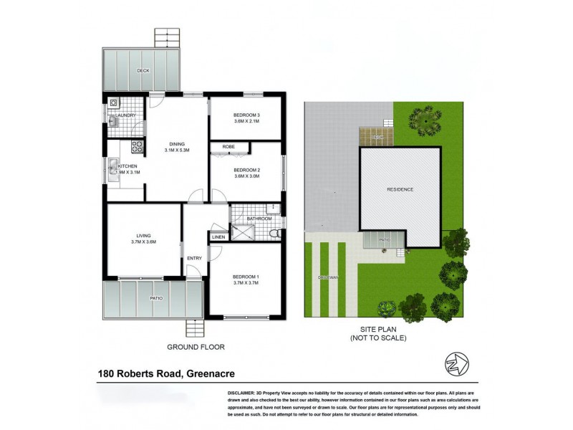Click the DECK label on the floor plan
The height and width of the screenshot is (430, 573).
coord(143,70)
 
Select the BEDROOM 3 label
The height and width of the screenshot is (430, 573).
coord(246,115)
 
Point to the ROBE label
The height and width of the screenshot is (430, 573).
coord(228,146)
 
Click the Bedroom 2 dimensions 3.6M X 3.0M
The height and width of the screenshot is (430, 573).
coord(246,176)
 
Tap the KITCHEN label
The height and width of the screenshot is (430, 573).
coord(127,166)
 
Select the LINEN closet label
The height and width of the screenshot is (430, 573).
coord(218,236)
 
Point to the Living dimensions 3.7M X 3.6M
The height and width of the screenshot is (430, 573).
coord(143,242)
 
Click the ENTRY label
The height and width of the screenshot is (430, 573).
coord(194,259)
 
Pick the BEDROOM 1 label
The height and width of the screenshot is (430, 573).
coord(246,277)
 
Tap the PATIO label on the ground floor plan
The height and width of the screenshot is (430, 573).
coord(156,298)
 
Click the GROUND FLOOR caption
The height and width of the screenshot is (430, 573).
coord(196,347)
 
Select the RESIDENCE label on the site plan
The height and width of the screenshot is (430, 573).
coord(400,189)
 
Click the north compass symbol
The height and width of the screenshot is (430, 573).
coord(456,363)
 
